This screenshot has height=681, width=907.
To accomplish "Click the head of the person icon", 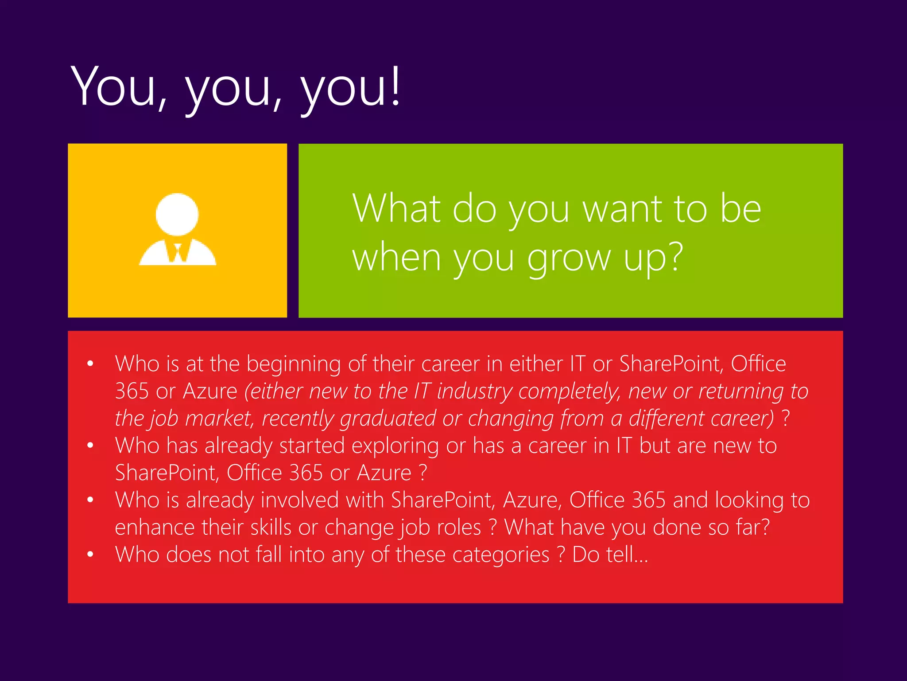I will [177, 214].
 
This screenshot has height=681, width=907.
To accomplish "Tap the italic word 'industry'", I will [474, 391].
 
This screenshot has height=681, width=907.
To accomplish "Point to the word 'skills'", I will [271, 528].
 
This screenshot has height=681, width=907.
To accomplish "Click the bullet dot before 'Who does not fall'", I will [90, 554].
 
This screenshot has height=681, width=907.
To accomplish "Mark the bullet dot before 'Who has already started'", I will [90, 445].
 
